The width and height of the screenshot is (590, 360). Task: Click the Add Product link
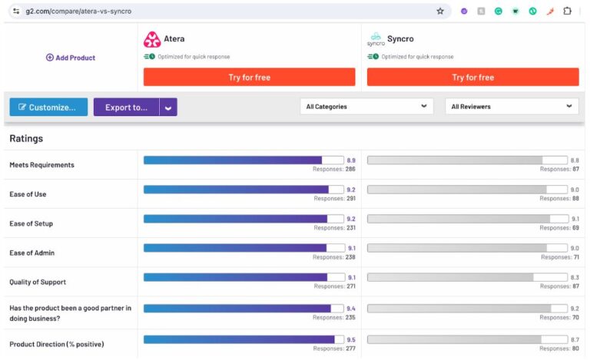tap(71, 58)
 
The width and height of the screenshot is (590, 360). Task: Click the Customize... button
tap(48, 107)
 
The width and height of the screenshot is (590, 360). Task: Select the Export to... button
tap(126, 107)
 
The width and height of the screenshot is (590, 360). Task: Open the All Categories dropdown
tap(366, 107)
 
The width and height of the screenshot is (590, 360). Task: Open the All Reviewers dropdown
tap(512, 107)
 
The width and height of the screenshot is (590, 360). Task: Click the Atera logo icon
tap(152, 40)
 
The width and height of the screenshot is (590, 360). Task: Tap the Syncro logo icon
tap(376, 39)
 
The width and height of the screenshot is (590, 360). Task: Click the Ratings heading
tap(26, 139)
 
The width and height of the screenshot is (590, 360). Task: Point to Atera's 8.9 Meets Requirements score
tap(351, 160)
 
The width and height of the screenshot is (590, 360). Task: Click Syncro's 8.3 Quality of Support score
tap(575, 277)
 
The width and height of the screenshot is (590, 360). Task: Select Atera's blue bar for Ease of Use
tap(236, 190)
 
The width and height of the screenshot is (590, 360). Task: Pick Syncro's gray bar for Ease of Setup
tap(459, 219)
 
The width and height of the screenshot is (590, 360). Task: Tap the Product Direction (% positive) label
tap(56, 344)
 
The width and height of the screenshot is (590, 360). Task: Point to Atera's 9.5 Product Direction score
tap(351, 339)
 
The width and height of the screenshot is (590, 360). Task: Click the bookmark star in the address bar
tap(440, 12)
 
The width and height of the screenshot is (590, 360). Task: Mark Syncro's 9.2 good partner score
tap(575, 308)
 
